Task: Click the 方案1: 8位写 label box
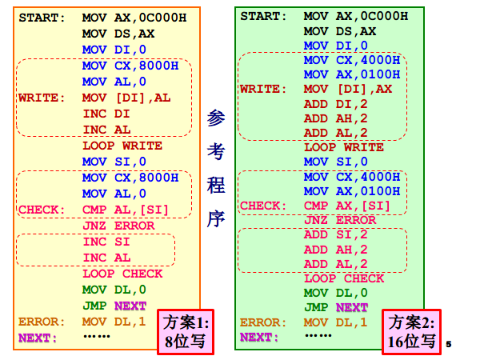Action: (x=186, y=332)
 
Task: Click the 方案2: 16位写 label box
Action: (x=411, y=332)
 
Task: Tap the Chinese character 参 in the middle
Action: (x=216, y=118)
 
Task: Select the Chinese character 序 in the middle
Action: (x=216, y=218)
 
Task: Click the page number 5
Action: (x=449, y=344)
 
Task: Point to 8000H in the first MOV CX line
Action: (x=158, y=66)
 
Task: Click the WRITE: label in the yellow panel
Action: (x=42, y=98)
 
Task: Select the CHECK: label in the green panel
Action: (x=263, y=206)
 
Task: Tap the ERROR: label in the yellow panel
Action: (x=42, y=322)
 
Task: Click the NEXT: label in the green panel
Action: (x=259, y=338)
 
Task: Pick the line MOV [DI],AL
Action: (x=126, y=98)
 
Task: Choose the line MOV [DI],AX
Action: (x=348, y=89)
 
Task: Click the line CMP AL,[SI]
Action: (x=126, y=210)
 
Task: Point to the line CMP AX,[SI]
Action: (x=347, y=206)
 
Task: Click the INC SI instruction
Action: (x=106, y=242)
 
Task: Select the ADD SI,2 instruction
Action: (x=335, y=234)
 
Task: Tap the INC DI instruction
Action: (x=106, y=114)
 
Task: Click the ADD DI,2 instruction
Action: (x=335, y=104)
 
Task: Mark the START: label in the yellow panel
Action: (x=42, y=18)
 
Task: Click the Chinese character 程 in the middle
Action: (x=216, y=185)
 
